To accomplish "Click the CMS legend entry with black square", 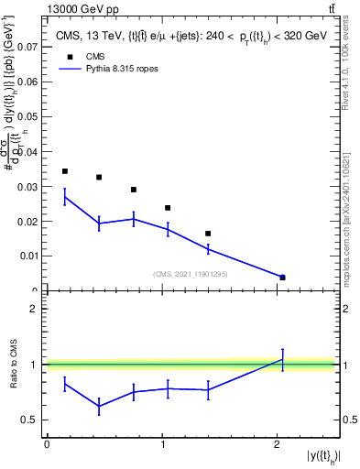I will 92,55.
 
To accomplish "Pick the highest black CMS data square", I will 64,171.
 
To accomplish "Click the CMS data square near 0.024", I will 168,208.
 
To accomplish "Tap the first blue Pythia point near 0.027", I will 64,196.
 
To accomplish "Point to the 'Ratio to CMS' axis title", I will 13,365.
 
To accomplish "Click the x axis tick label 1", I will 162,444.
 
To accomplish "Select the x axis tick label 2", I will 278,444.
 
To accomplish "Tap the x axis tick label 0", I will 47,444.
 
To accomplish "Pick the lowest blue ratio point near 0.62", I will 99,406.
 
